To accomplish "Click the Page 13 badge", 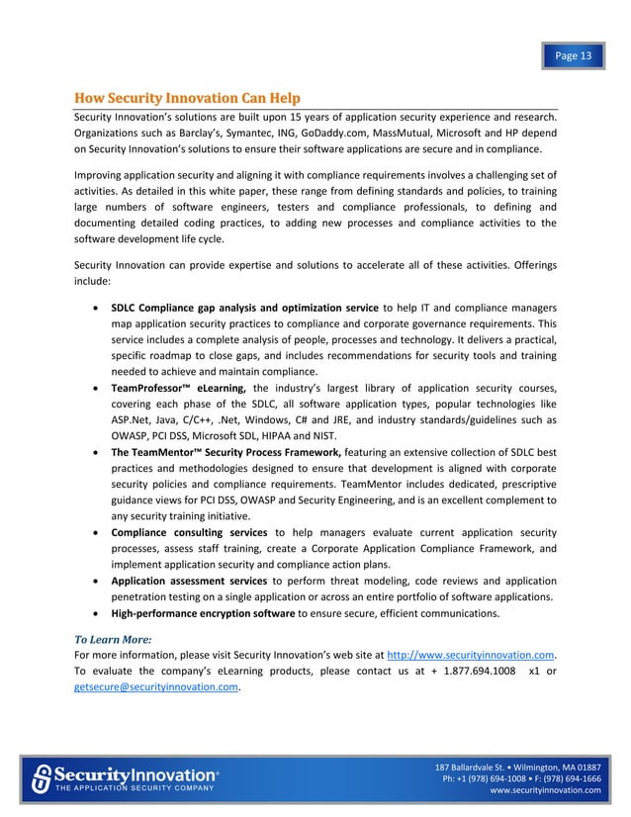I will pos(573,55).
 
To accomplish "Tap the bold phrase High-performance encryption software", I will pos(203,613).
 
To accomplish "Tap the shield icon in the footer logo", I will pos(42,777).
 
